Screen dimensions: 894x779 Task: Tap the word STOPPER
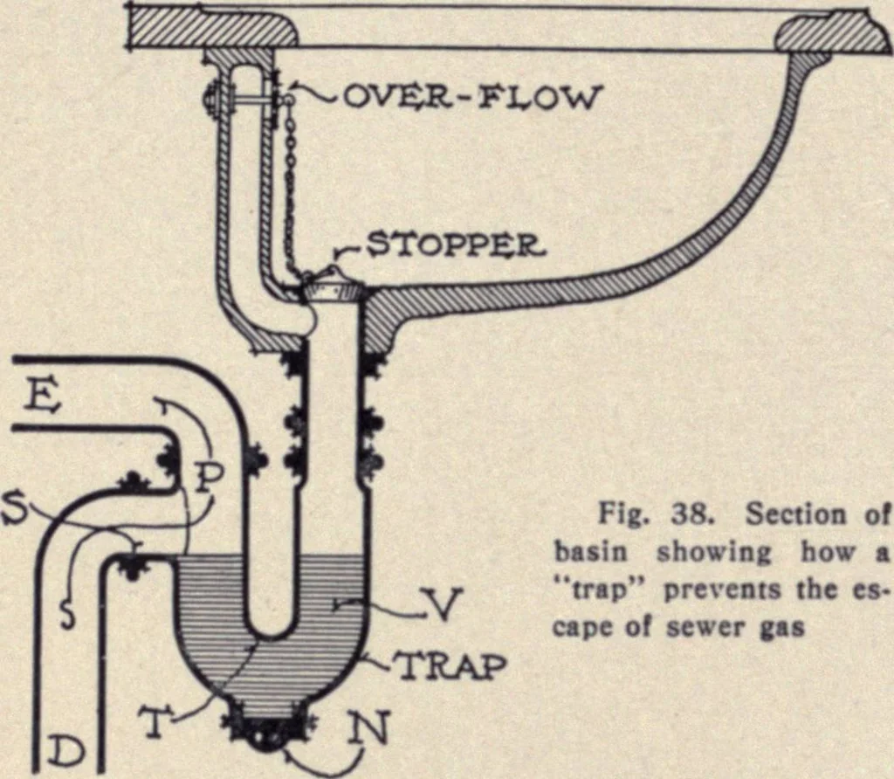(x=454, y=245)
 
